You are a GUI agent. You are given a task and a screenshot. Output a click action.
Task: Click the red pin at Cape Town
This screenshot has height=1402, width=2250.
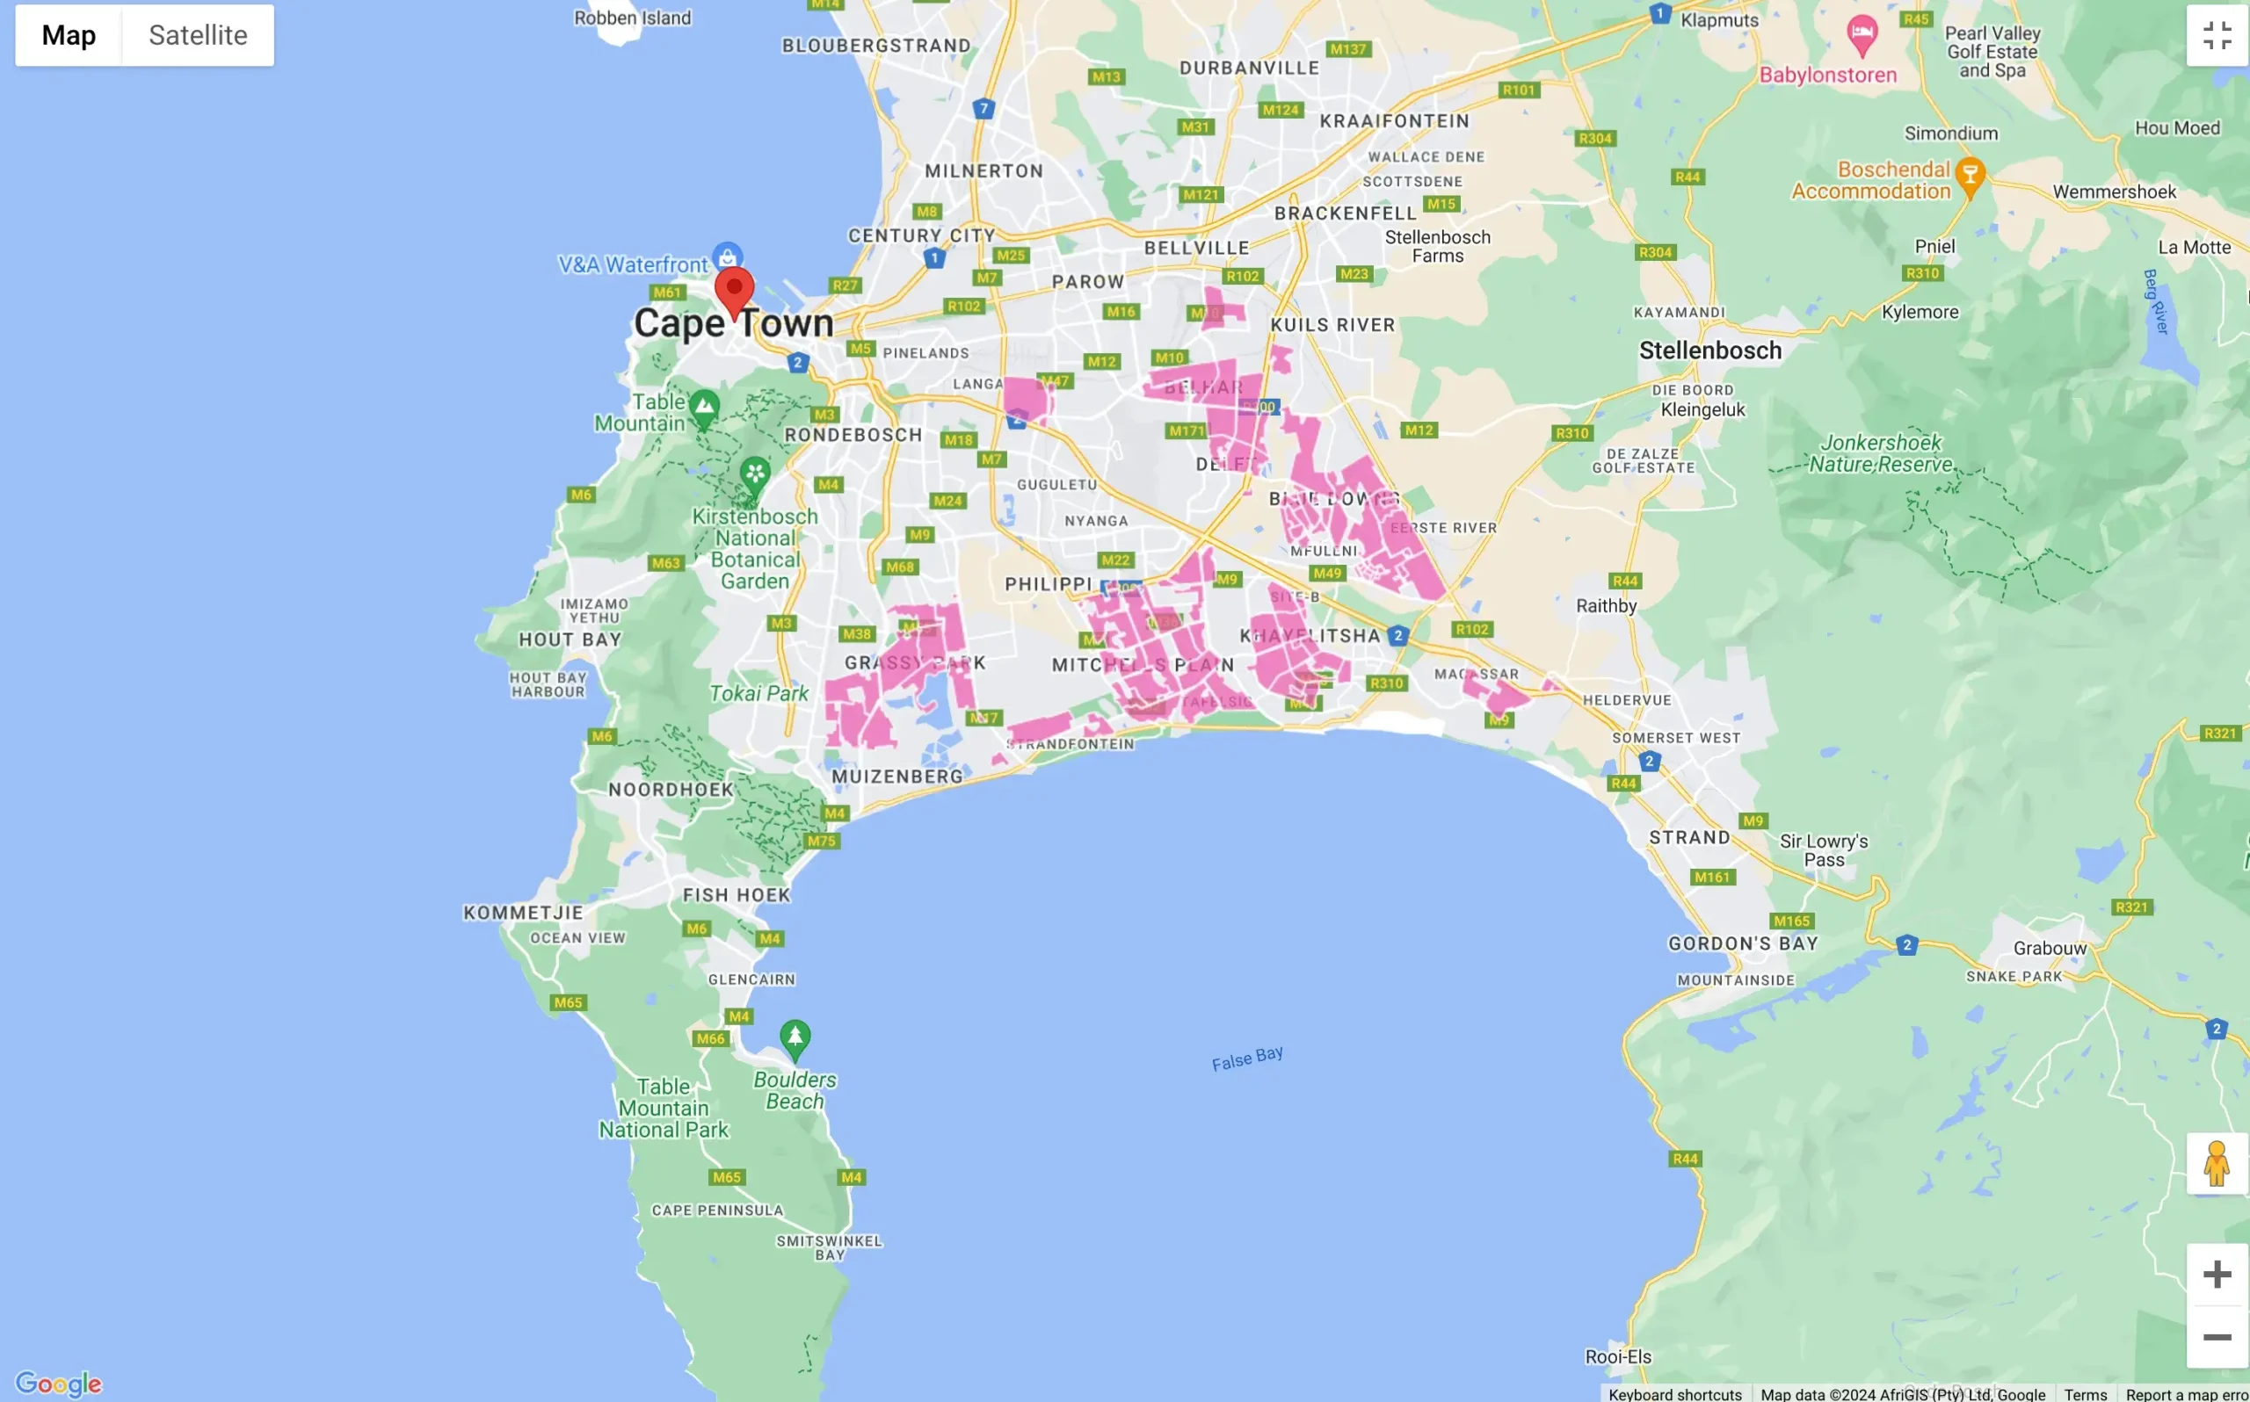[734, 288]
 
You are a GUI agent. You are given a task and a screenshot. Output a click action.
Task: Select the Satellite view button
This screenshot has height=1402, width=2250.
[198, 35]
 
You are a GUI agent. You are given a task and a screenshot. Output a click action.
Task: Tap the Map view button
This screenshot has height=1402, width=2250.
[69, 35]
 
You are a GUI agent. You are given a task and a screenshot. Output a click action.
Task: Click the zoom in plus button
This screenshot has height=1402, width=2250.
[2217, 1274]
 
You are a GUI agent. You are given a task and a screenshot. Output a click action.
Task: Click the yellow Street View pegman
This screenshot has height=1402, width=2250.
[2217, 1164]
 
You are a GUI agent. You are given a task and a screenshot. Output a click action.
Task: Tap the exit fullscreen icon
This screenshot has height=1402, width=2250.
[2217, 35]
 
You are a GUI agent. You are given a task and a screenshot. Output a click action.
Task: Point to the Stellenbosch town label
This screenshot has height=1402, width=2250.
[1710, 350]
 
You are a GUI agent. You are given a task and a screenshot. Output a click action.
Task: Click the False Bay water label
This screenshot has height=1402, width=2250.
[1247, 1058]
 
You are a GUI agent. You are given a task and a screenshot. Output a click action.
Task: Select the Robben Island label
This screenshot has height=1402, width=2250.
[633, 18]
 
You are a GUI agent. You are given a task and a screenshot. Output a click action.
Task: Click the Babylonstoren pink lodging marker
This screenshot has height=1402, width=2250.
[1862, 35]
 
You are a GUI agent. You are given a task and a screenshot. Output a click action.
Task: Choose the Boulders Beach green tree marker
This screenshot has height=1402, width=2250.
[795, 1037]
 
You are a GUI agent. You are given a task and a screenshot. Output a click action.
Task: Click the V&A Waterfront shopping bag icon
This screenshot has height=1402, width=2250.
[727, 256]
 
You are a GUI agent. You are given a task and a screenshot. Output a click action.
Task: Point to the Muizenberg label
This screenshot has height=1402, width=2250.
[896, 777]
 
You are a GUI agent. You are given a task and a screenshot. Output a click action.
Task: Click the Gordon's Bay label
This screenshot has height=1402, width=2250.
[1743, 943]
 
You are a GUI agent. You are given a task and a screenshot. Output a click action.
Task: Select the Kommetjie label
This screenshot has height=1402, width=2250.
[523, 913]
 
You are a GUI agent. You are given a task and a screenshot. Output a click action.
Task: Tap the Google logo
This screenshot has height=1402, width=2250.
[58, 1384]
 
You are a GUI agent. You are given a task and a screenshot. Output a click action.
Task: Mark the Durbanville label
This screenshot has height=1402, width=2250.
[1248, 68]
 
